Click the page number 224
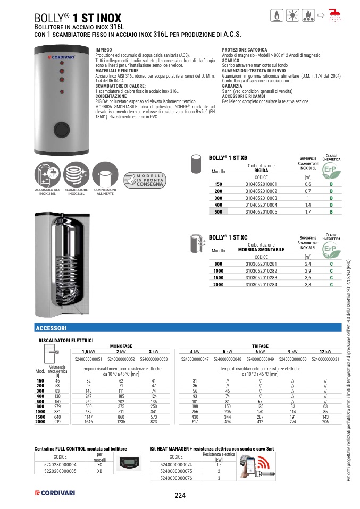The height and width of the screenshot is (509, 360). tap(180, 495)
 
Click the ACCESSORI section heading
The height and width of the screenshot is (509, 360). tap(51, 328)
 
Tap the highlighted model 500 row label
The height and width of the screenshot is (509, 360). tap(218, 211)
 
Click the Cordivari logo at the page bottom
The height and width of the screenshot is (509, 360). tap(55, 494)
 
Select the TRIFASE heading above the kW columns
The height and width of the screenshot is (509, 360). tap(260, 346)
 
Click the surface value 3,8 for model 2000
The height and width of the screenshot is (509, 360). tap(307, 285)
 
